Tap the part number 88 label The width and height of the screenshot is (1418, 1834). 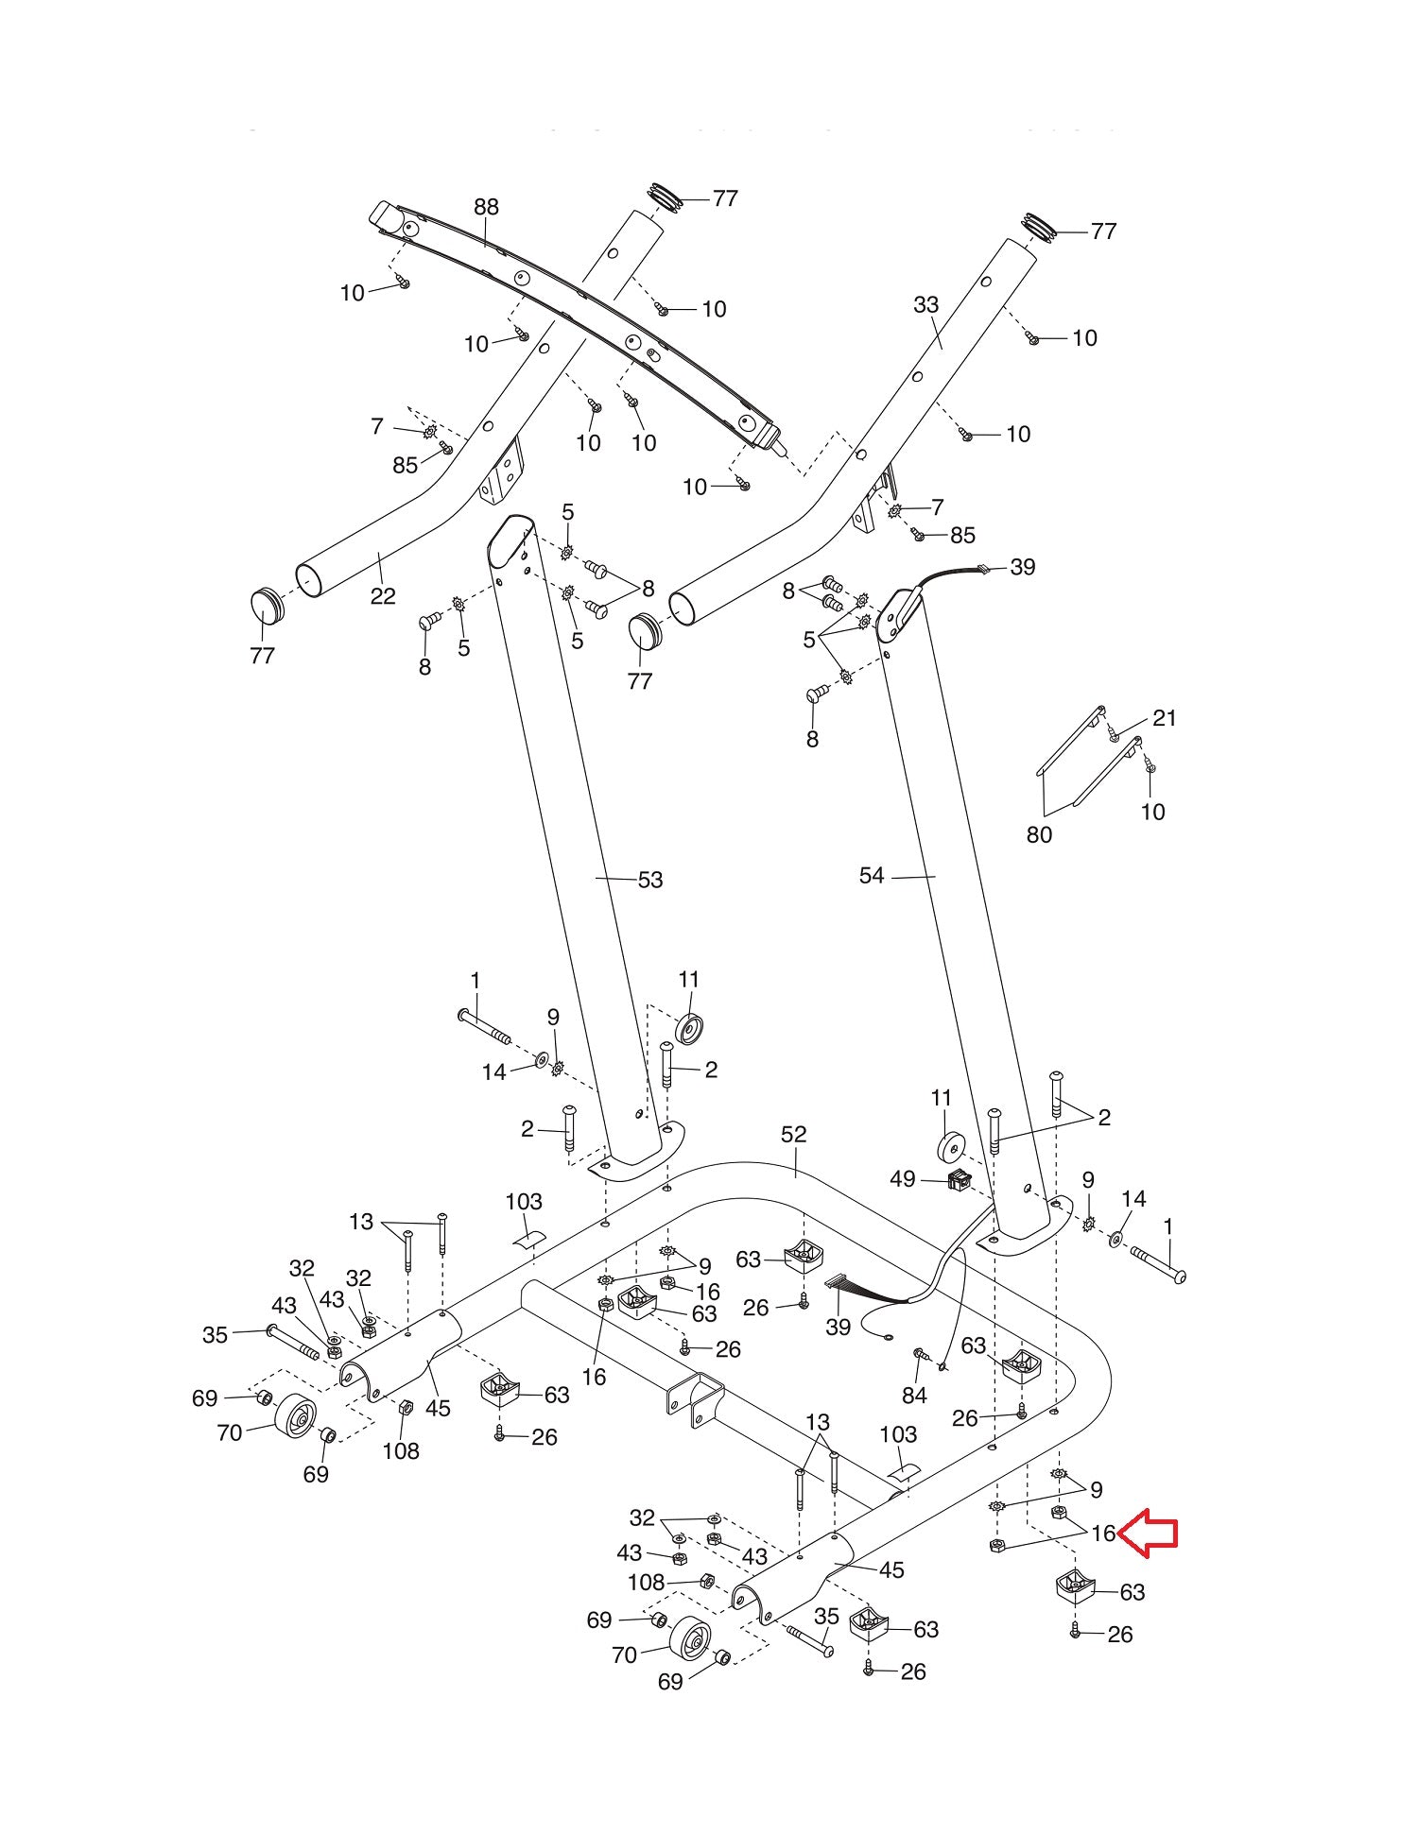[x=486, y=207]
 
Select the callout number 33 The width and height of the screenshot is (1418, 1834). [x=926, y=304]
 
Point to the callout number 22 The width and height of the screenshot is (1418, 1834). [x=383, y=596]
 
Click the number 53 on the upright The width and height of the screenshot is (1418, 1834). [x=650, y=880]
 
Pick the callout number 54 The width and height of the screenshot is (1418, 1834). [x=872, y=876]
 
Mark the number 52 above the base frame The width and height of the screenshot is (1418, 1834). [x=794, y=1134]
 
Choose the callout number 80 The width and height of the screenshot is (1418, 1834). [x=1039, y=834]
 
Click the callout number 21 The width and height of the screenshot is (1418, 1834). [x=1165, y=718]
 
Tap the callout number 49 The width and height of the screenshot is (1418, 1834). [x=903, y=1179]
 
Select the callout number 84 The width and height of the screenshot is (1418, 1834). [x=914, y=1396]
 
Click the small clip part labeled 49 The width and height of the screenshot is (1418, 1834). [x=960, y=1179]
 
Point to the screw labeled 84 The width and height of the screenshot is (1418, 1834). [x=920, y=1355]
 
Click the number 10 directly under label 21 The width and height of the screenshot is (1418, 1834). [x=1152, y=812]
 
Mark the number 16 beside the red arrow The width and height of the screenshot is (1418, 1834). [x=1103, y=1534]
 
